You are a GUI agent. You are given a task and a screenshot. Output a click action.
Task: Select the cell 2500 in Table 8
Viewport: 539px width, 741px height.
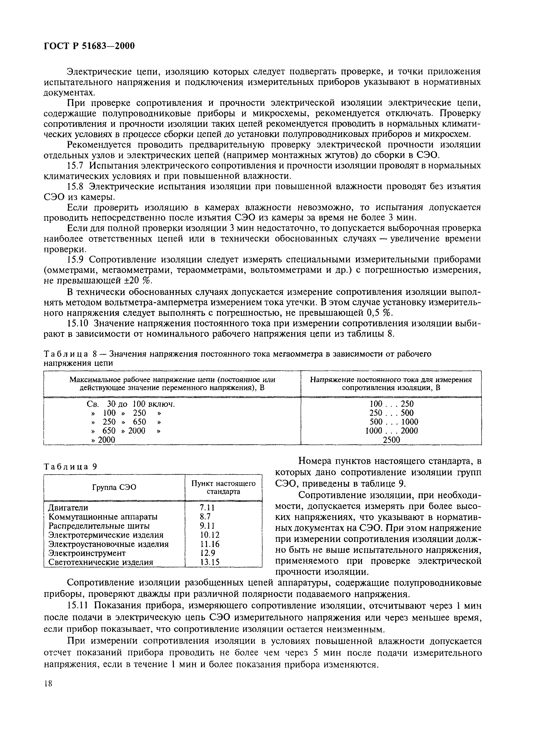391,440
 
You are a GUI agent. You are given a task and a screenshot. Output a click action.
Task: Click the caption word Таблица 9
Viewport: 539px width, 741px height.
71,467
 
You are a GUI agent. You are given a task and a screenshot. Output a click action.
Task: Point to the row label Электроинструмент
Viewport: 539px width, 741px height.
87,553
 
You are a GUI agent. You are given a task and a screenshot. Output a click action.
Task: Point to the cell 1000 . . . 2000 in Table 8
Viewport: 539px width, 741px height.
391,431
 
